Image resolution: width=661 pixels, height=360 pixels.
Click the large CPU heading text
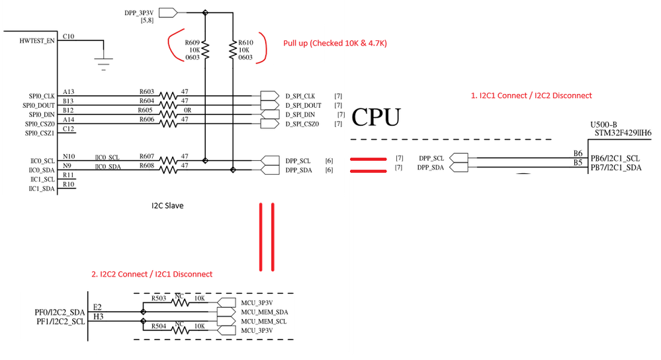click(x=376, y=118)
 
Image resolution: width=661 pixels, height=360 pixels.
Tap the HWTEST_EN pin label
click(x=37, y=41)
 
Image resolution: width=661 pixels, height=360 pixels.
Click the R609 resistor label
click(x=193, y=42)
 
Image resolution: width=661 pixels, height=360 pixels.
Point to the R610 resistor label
click(x=245, y=42)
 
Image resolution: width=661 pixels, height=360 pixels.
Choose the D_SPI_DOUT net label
click(x=303, y=105)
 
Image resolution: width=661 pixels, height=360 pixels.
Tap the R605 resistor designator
click(x=146, y=110)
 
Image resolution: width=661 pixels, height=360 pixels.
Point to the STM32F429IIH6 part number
click(x=623, y=132)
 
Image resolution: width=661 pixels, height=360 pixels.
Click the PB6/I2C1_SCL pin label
click(x=615, y=158)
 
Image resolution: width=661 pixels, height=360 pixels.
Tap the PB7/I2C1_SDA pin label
click(x=615, y=167)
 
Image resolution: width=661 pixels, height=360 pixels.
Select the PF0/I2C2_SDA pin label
click(x=60, y=312)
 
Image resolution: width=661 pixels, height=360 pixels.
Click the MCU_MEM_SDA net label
click(x=263, y=312)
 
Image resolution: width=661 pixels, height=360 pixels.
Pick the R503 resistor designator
click(x=158, y=299)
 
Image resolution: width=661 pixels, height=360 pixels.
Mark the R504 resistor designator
click(x=158, y=326)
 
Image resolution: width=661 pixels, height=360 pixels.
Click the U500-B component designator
click(x=603, y=124)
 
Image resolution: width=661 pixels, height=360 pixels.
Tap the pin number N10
click(x=69, y=156)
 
